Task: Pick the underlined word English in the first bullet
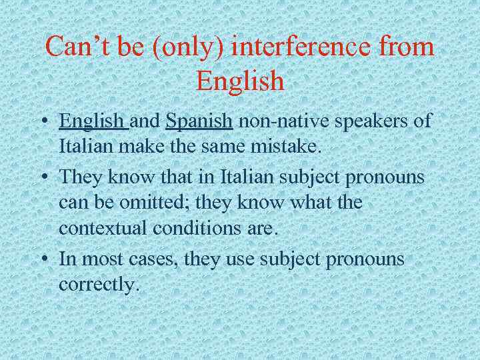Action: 93,121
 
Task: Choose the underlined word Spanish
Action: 199,121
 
